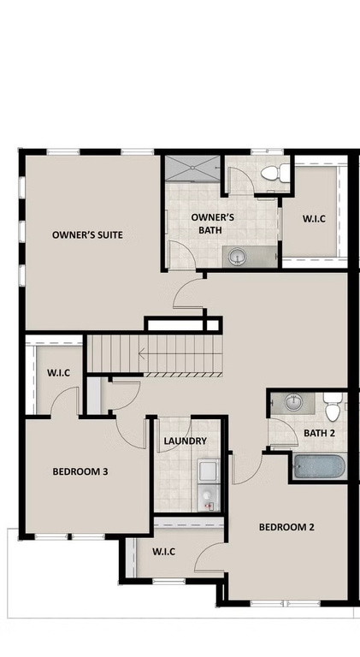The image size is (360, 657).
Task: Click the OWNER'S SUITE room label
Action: [87, 235]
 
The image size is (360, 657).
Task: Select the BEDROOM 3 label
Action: [80, 471]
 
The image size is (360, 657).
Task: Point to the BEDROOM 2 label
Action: [286, 527]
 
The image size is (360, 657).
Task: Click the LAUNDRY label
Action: [185, 441]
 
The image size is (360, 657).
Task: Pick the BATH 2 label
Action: [320, 433]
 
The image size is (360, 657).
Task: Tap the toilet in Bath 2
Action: [333, 406]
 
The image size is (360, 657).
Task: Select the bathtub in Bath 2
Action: [320, 466]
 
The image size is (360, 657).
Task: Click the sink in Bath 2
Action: [294, 403]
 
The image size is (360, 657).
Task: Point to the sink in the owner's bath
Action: [237, 257]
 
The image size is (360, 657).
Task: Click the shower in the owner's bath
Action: [192, 168]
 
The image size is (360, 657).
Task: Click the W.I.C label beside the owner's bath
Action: [314, 218]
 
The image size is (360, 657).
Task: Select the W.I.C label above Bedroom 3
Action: [58, 372]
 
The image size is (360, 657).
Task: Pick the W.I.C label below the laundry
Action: [163, 552]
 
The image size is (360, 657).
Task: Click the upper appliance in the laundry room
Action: [209, 471]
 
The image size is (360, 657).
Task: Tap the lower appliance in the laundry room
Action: [209, 497]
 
